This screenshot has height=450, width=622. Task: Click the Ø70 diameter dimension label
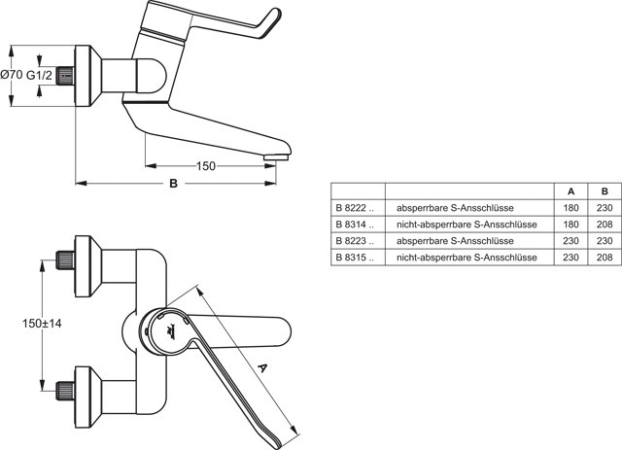(11, 75)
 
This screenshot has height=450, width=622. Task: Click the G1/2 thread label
(40, 75)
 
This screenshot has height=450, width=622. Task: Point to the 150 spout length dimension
(205, 166)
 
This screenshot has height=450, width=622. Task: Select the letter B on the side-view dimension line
(173, 183)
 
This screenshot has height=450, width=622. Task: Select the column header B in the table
(605, 191)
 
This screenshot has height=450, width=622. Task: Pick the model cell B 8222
(354, 208)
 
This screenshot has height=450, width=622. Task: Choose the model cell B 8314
(354, 225)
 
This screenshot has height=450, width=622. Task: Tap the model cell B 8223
(354, 241)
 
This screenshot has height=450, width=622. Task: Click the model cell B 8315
(354, 258)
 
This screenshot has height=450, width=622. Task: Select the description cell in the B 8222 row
(455, 208)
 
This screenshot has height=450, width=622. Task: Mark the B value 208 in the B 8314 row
(605, 225)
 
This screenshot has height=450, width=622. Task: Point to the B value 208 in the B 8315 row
(605, 258)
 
